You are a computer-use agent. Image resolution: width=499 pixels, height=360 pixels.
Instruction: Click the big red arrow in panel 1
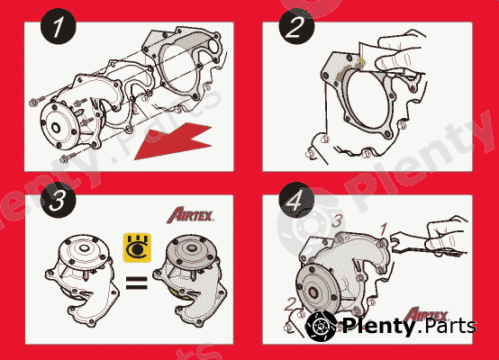[171, 144]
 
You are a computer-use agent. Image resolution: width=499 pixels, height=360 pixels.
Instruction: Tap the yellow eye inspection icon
[135, 246]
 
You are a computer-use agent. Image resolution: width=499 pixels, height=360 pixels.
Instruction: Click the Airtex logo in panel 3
[188, 214]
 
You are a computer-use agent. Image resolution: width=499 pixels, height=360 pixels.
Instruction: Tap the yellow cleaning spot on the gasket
[358, 62]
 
